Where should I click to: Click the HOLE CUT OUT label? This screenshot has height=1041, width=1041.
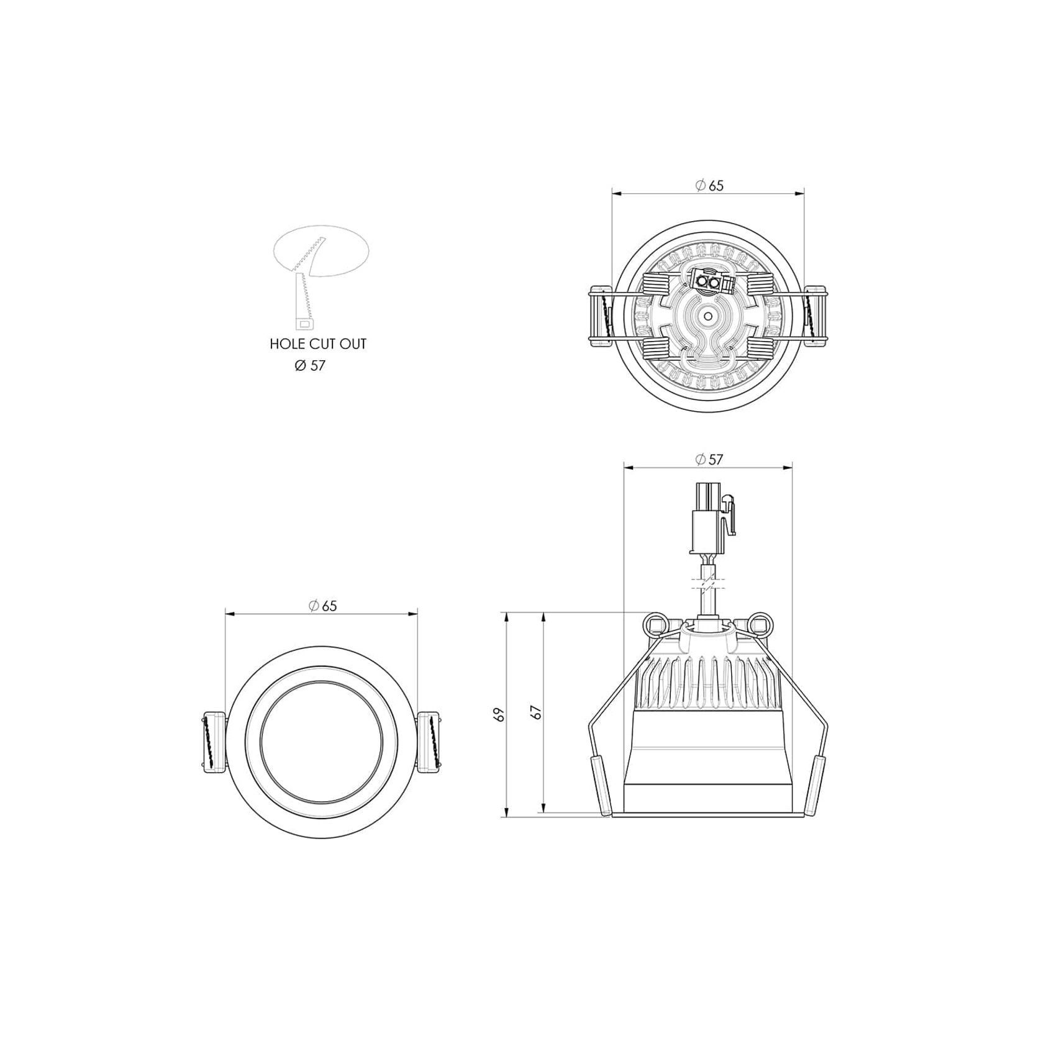pyautogui.click(x=318, y=343)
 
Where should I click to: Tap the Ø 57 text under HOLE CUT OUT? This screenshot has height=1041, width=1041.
pyautogui.click(x=310, y=366)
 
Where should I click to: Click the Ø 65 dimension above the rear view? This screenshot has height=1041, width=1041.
pyautogui.click(x=709, y=185)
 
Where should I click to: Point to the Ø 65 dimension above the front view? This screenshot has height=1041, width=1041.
pyautogui.click(x=322, y=606)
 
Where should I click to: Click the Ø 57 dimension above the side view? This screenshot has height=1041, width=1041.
pyautogui.click(x=709, y=459)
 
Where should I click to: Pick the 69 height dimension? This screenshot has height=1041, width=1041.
pyautogui.click(x=499, y=714)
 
